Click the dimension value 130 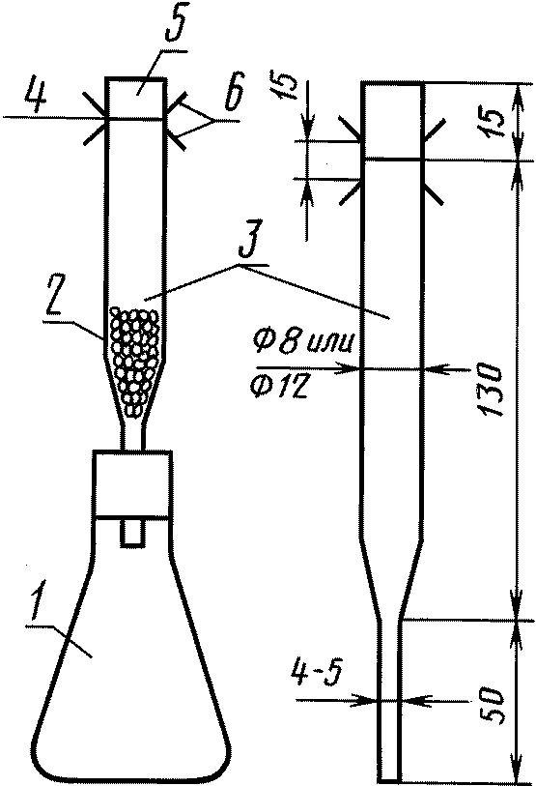coord(490,390)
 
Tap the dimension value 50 coord(491,704)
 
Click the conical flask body coord(132,652)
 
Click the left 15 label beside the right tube coord(284,84)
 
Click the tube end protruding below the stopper coord(132,533)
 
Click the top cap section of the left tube coord(135,99)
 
